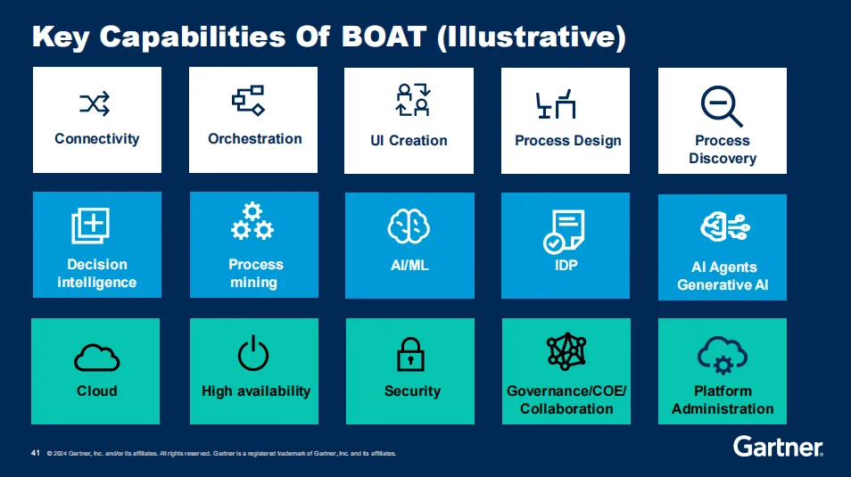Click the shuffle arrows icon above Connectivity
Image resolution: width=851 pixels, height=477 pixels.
point(95,105)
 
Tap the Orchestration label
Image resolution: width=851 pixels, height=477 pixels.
point(254,139)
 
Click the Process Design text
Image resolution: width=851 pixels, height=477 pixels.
point(567,141)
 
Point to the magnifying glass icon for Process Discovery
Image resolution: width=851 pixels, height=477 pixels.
point(721,106)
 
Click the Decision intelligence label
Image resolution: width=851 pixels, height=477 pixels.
point(97,274)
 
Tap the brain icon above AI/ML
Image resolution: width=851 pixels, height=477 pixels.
point(409,227)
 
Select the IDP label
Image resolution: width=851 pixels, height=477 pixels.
point(567,266)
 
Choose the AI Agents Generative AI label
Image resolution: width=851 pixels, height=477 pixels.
point(723,276)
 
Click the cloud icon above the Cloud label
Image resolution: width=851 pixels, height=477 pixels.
point(96,357)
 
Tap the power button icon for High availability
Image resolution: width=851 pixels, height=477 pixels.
point(253,354)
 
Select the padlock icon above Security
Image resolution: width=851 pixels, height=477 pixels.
point(410,354)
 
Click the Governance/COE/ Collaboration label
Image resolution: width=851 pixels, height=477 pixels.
point(566,399)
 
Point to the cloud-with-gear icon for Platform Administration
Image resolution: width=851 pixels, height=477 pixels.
point(722,354)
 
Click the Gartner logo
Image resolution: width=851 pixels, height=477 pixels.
point(778,447)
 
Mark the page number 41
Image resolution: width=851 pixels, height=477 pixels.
point(36,453)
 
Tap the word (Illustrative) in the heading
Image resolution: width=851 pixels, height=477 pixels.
point(532,37)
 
